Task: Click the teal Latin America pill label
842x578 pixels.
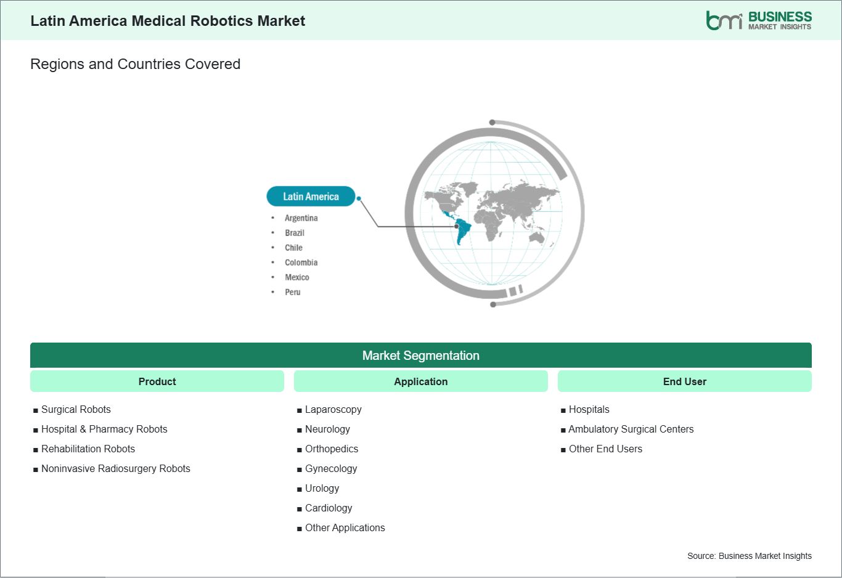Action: click(311, 196)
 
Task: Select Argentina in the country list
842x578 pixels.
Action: click(301, 218)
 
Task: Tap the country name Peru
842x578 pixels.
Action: click(292, 292)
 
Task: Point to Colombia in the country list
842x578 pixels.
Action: click(301, 263)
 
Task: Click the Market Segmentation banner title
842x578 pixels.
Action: click(420, 355)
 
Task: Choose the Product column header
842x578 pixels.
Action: click(157, 381)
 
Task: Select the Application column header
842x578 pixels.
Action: click(420, 381)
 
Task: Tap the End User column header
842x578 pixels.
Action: click(684, 381)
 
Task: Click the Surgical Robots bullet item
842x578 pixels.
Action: click(76, 409)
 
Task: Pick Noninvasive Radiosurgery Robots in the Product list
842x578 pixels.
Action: click(116, 469)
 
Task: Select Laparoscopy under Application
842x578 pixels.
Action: click(333, 410)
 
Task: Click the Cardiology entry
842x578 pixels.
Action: click(329, 508)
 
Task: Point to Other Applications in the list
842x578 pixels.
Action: click(345, 527)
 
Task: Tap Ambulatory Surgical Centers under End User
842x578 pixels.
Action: click(631, 429)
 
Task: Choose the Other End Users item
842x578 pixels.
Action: click(605, 449)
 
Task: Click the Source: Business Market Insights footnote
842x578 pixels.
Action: click(750, 556)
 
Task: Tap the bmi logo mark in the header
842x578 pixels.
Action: click(724, 20)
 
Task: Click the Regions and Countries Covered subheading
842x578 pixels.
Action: click(136, 64)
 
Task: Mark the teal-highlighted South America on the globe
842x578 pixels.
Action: click(463, 231)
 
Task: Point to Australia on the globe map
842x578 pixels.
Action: click(537, 237)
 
